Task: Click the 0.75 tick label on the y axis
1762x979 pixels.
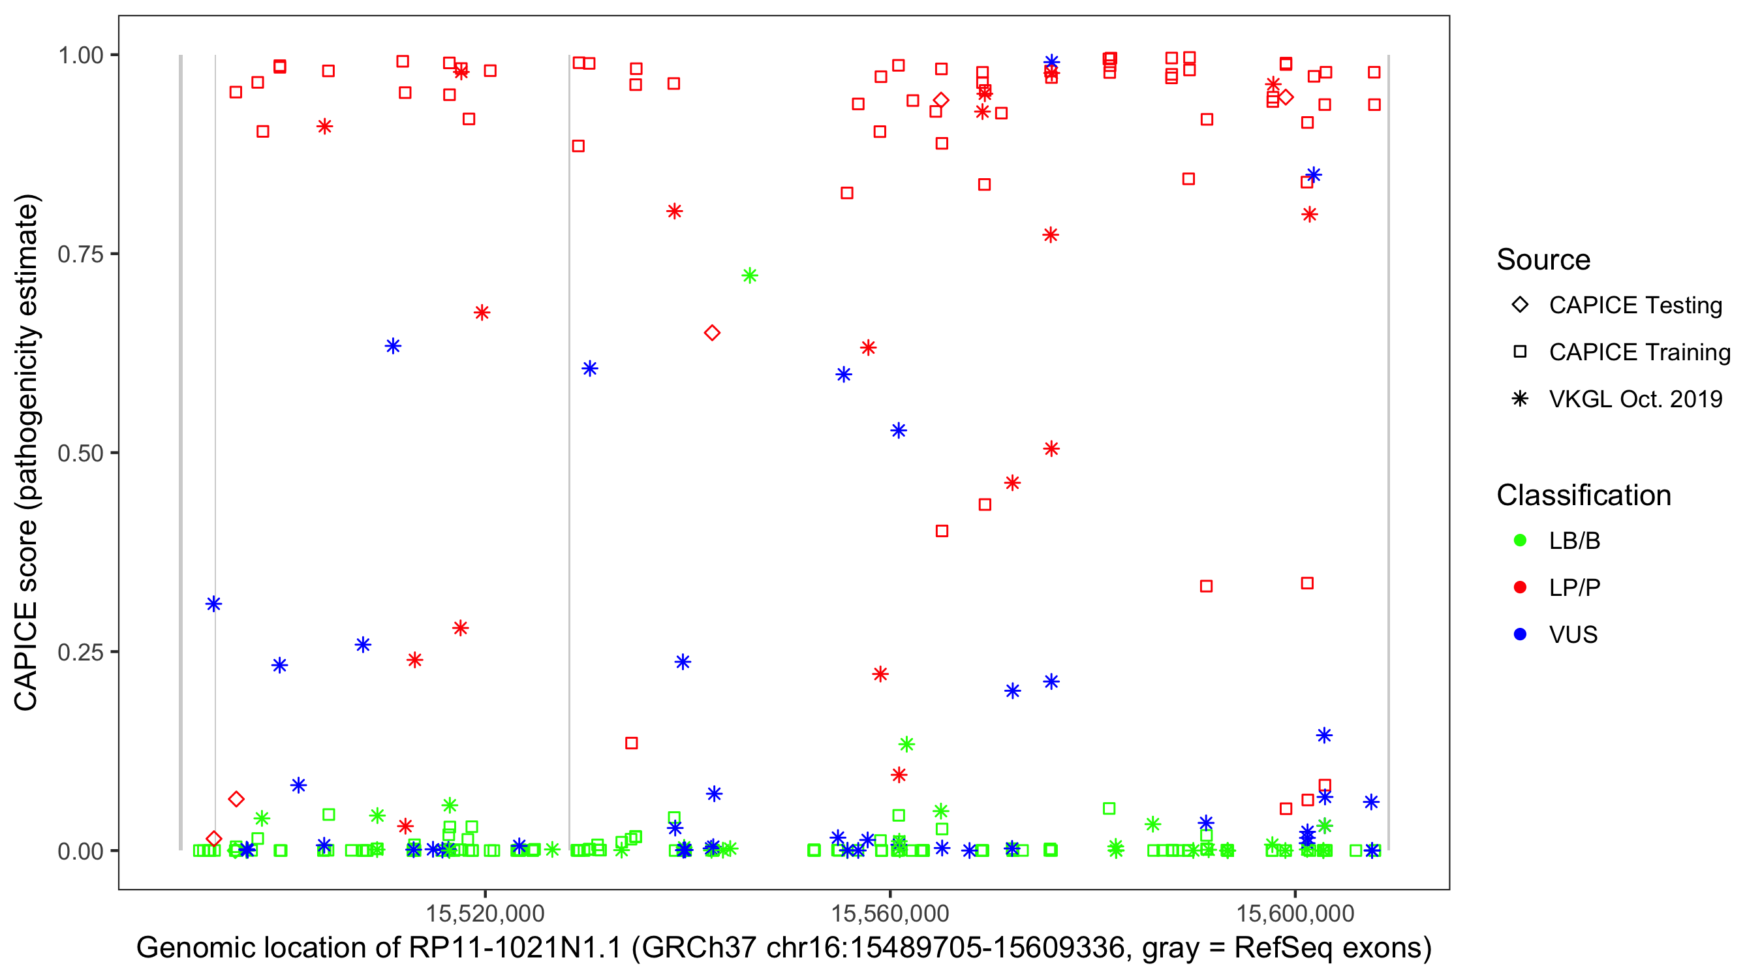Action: (x=80, y=255)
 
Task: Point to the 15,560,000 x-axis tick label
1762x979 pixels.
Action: (x=890, y=913)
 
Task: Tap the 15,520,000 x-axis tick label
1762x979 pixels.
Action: (x=485, y=913)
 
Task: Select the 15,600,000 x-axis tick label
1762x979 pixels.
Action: (x=1295, y=913)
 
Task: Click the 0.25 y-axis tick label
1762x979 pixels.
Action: (x=80, y=652)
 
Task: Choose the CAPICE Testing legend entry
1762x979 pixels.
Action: (x=1635, y=305)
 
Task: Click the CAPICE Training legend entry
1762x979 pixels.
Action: (x=1639, y=352)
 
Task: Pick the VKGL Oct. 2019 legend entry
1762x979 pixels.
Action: (x=1635, y=399)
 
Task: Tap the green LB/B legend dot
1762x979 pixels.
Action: (x=1520, y=540)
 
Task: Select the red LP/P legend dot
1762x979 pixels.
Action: (x=1520, y=587)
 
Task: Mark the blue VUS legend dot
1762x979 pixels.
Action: (x=1520, y=634)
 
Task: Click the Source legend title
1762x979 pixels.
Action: (x=1543, y=260)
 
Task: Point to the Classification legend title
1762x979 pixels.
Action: (x=1583, y=495)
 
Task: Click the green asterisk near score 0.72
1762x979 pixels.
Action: (x=750, y=275)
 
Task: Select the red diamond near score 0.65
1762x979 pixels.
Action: (x=712, y=333)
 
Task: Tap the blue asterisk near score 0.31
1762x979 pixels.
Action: (x=214, y=604)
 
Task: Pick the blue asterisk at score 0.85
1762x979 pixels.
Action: (x=1313, y=175)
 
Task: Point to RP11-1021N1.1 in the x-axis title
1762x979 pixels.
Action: (x=515, y=948)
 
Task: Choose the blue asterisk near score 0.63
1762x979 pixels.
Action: (x=393, y=346)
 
